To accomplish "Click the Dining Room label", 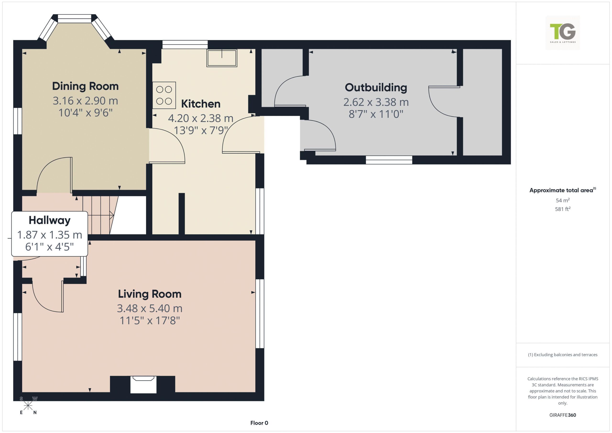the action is point(85,86).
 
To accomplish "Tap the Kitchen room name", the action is point(201,104).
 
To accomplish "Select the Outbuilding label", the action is point(376,88).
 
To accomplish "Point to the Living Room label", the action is point(150,294).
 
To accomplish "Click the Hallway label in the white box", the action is point(49,220).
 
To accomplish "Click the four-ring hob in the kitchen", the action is point(164,95).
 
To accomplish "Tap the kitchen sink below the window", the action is point(222,58).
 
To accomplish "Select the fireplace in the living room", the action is point(143,384).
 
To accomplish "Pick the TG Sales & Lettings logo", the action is point(563,33).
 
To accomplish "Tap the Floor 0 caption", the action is point(259,423).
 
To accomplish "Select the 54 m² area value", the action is point(563,200).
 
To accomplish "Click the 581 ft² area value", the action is point(563,209).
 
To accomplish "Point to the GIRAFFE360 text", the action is point(563,415).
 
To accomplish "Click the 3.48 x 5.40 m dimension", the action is point(150,308).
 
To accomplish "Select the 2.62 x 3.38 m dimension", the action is point(376,102).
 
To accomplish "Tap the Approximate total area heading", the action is point(563,190).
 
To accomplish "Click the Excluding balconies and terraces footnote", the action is point(563,355).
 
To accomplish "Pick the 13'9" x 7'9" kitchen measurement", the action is point(201,130).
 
